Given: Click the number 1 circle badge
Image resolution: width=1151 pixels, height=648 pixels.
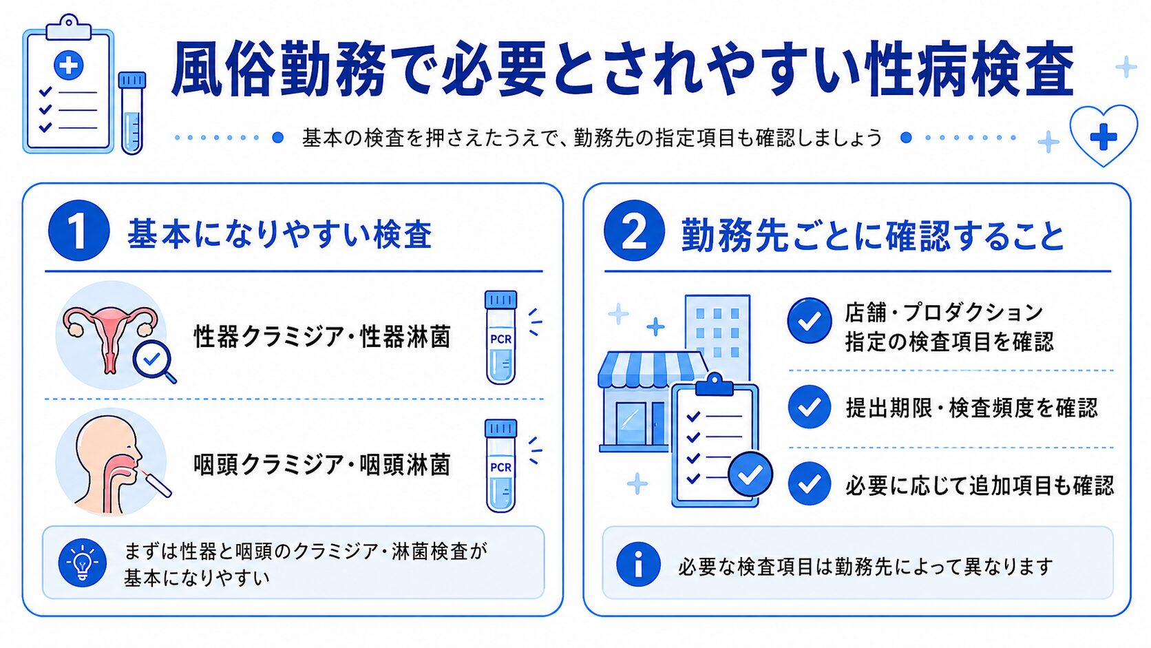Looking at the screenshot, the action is click(78, 230).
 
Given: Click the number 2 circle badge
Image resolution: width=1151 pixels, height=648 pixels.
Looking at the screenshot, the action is click(634, 230).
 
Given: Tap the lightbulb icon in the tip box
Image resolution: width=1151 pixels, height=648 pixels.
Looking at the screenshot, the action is click(82, 563).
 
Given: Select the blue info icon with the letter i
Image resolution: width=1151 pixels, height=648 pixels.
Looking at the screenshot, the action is click(638, 564).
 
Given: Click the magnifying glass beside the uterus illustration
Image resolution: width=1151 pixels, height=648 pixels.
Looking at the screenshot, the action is click(154, 362).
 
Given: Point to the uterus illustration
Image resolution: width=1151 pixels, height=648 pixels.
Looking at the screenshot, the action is click(109, 339).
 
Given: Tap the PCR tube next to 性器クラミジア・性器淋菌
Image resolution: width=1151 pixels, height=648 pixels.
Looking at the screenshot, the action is click(501, 337).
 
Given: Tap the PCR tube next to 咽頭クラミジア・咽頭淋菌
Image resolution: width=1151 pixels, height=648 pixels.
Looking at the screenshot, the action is click(501, 466).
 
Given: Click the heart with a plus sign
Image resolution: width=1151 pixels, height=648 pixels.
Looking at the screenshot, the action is click(1104, 135).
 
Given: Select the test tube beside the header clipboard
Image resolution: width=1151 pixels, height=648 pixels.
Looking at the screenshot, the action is click(132, 113).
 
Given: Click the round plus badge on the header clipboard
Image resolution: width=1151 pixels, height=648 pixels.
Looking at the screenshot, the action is click(68, 65).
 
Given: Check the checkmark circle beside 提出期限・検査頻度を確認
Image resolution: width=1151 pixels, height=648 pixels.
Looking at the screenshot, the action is click(810, 406).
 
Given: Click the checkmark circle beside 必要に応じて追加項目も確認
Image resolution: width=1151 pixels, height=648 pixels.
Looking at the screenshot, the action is click(810, 483).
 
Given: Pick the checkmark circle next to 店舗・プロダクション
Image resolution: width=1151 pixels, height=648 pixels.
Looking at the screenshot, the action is click(810, 321).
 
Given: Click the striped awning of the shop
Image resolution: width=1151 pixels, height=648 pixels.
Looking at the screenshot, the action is click(651, 369).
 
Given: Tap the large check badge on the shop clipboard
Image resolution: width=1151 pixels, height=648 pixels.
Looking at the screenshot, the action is click(750, 474).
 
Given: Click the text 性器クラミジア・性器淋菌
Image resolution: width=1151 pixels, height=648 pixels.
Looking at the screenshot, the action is click(322, 337).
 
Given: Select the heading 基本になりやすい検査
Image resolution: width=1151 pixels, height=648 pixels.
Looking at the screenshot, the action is click(280, 234).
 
